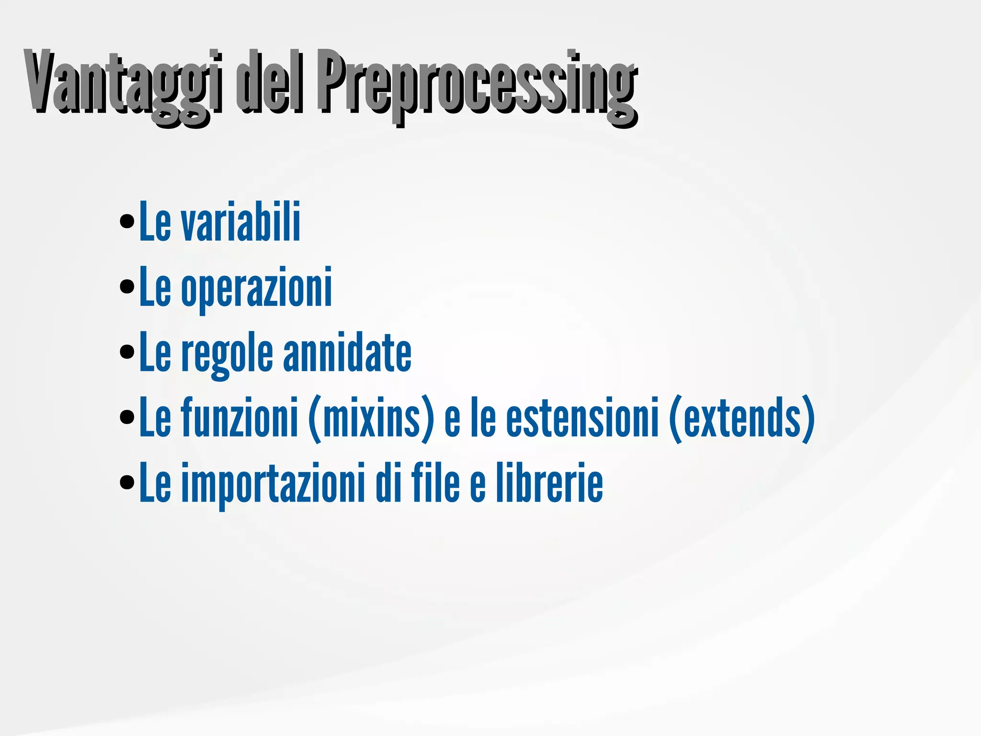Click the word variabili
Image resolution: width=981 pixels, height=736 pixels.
(240, 221)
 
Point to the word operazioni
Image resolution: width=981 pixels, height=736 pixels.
(256, 287)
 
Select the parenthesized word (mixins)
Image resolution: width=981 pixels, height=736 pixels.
(371, 418)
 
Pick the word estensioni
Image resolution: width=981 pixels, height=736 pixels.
(582, 418)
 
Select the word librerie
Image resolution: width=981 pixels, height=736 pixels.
(549, 483)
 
